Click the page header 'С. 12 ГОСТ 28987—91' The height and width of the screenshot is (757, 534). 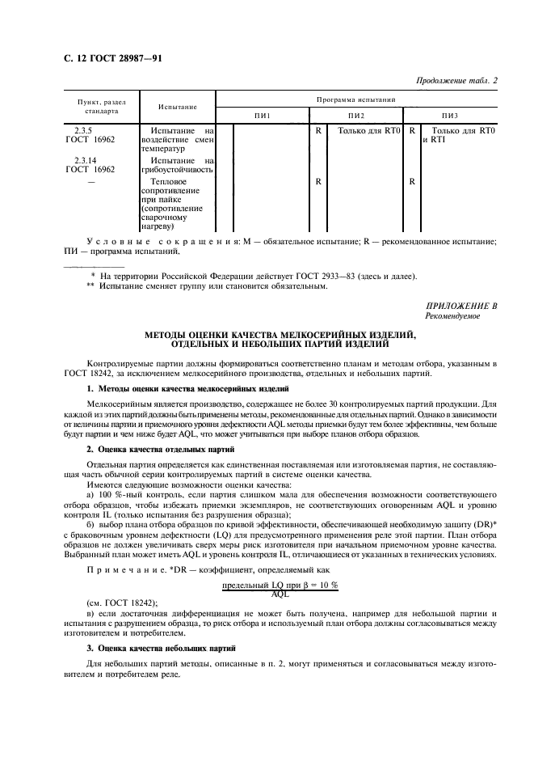click(x=107, y=58)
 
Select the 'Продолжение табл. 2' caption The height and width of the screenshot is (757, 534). click(x=456, y=80)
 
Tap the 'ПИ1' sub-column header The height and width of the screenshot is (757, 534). click(x=263, y=116)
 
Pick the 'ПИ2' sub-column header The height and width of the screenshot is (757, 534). click(x=356, y=116)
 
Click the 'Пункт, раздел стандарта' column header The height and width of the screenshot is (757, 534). click(x=101, y=107)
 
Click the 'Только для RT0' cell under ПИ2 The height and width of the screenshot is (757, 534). click(x=369, y=129)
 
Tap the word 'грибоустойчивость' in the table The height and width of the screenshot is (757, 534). click(x=177, y=171)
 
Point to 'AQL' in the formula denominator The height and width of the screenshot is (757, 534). click(x=280, y=594)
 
